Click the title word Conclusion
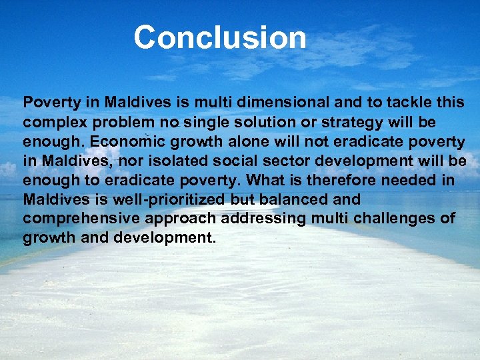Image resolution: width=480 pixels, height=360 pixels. pos(220,38)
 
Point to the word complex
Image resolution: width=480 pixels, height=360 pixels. pos(53,123)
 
